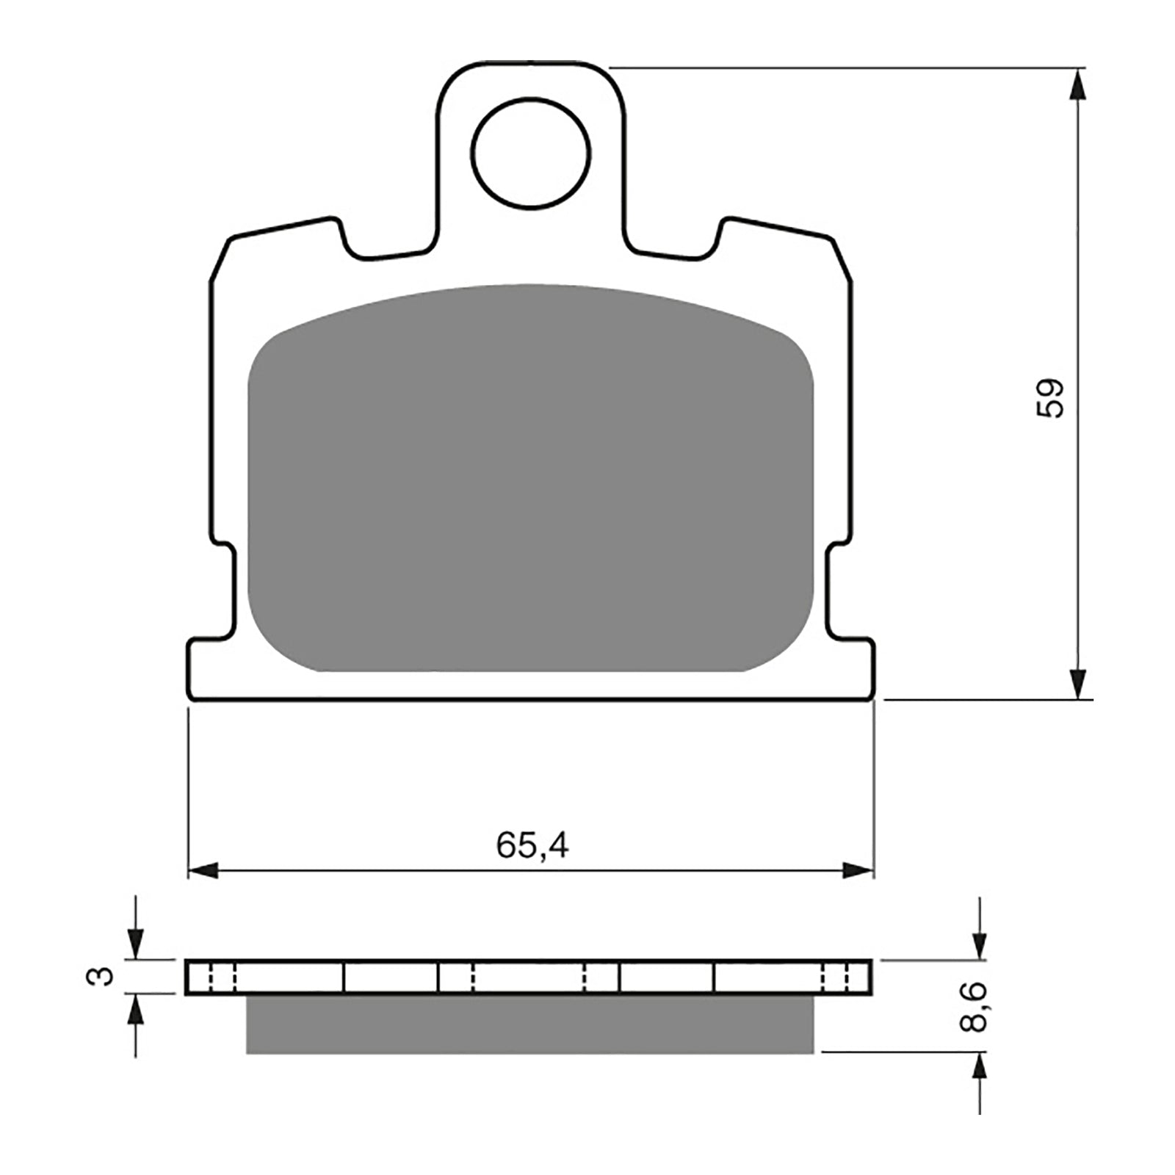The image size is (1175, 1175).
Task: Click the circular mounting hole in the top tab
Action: [x=531, y=153]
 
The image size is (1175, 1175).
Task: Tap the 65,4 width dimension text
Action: [x=532, y=846]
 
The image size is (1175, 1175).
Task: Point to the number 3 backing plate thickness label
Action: [x=106, y=977]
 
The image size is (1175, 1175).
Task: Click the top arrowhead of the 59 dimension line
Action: [x=1077, y=84]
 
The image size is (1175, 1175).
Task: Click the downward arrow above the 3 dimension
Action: [x=135, y=943]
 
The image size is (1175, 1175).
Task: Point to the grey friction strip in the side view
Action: [x=530, y=1025]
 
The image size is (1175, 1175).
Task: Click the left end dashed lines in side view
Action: [x=223, y=977]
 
